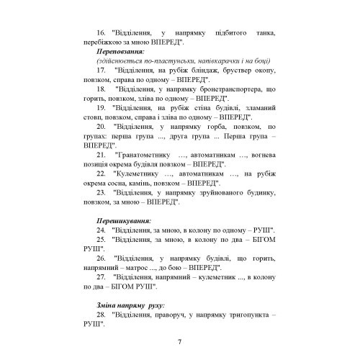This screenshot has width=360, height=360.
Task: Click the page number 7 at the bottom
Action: pos(180,341)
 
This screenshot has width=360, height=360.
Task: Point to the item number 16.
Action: pos(102,32)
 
